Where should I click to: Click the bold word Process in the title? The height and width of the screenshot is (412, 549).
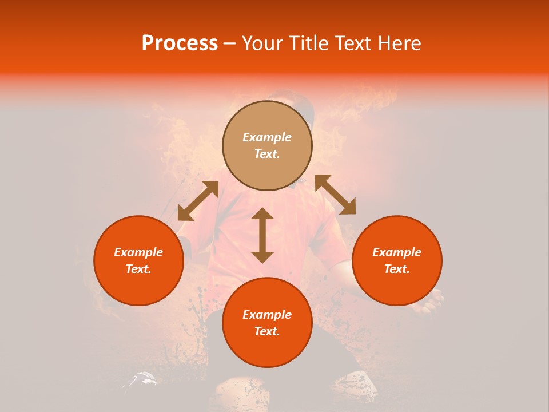[180, 43]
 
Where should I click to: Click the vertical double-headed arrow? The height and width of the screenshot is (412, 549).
[262, 235]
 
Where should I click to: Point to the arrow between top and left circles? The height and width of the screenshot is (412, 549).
[198, 201]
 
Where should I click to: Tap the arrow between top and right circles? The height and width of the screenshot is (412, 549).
[335, 195]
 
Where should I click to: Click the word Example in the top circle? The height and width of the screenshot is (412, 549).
[267, 137]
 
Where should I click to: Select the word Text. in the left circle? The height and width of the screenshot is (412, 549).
[138, 269]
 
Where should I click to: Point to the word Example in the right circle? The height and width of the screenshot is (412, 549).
[397, 252]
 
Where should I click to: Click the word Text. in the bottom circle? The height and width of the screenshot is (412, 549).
[267, 331]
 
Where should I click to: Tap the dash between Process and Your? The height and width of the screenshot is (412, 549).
[230, 43]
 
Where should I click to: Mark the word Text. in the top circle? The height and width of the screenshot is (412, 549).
[267, 154]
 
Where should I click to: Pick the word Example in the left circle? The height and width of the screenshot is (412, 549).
[138, 252]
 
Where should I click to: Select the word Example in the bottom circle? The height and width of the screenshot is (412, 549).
[267, 315]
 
